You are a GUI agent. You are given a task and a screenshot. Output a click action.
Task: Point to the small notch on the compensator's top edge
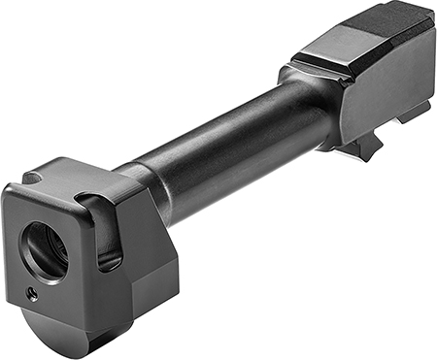[x=32, y=179]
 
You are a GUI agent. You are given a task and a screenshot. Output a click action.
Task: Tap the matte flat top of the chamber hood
[x=388, y=29]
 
